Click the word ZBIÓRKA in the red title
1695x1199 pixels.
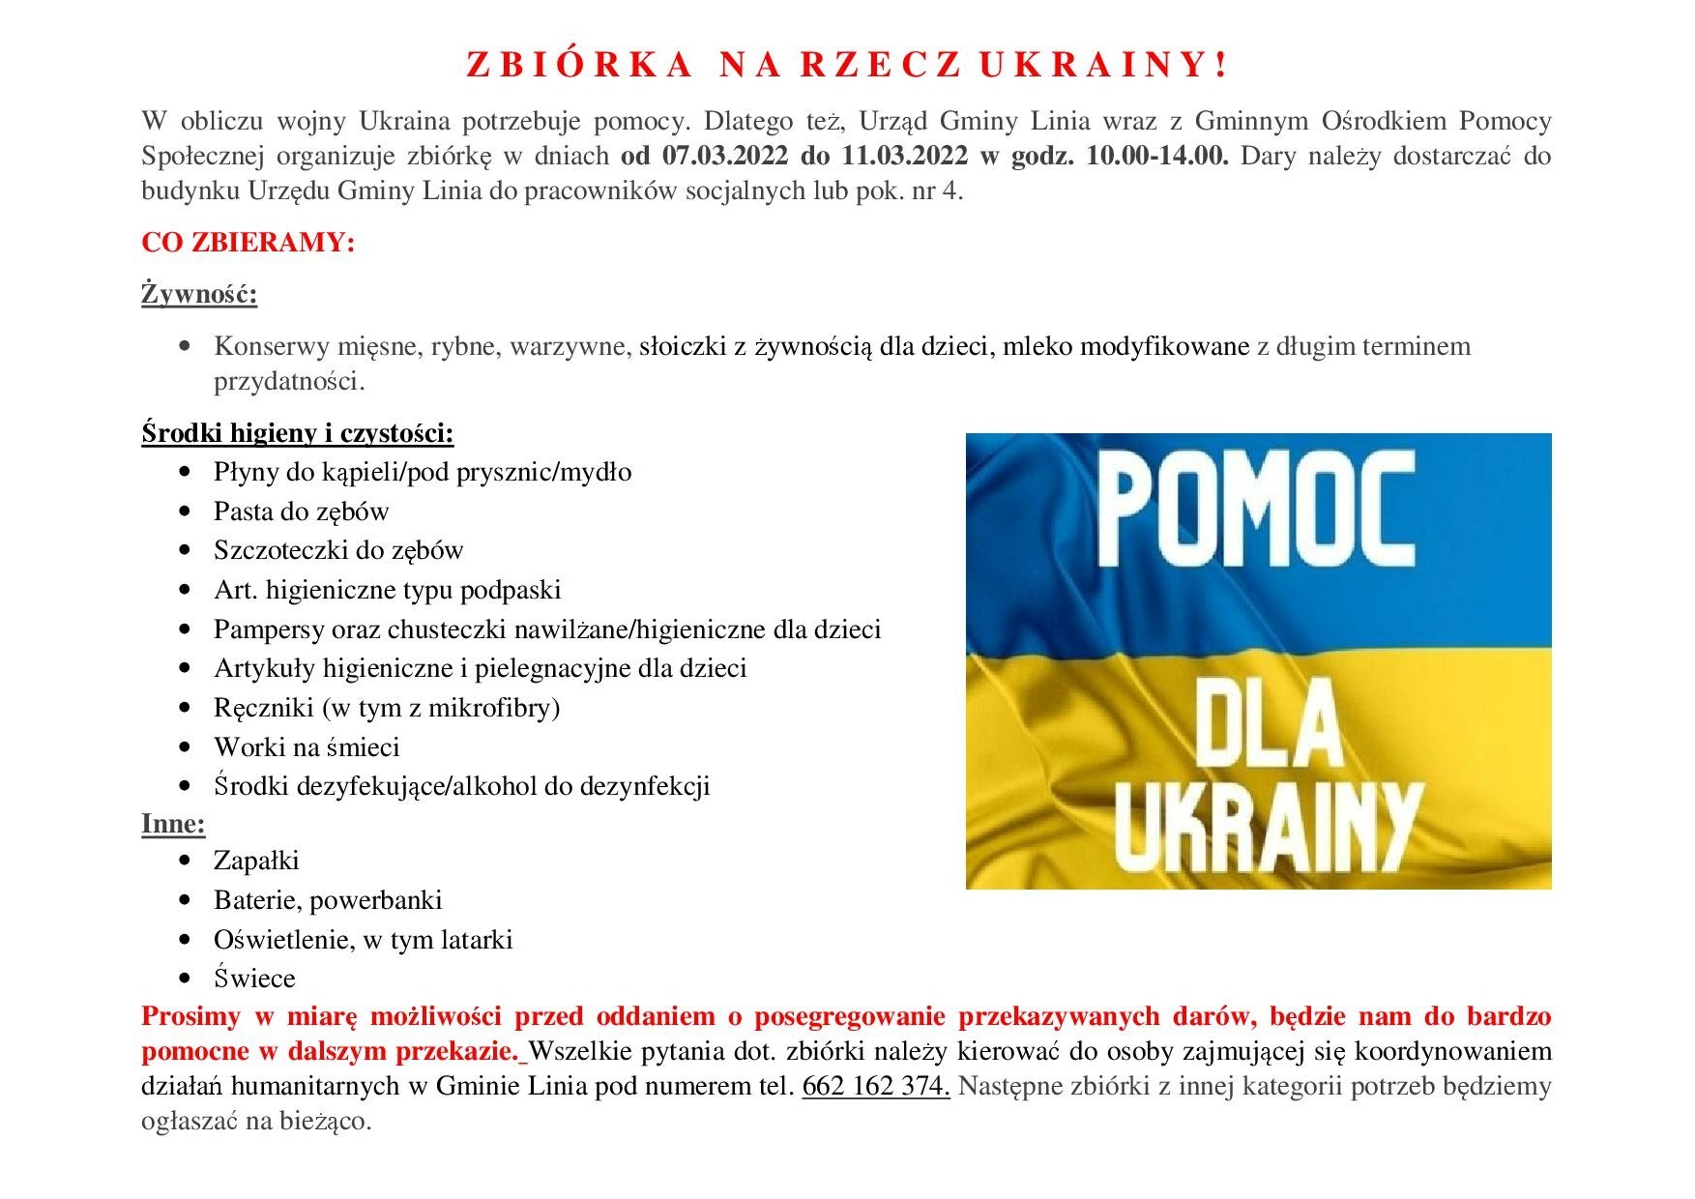pos(579,65)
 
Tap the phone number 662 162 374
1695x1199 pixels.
pos(875,1086)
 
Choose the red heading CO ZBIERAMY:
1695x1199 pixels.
pos(248,242)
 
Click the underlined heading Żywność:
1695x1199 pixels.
pos(199,294)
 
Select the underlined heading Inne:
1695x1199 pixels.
pos(173,824)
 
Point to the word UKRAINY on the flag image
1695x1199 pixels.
pos(1267,827)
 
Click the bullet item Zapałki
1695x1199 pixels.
pos(256,861)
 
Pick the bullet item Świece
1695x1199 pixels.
pos(254,979)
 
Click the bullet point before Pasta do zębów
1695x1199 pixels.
pos(186,512)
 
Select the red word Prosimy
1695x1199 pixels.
pos(190,1016)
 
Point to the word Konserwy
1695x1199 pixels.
pos(272,346)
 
